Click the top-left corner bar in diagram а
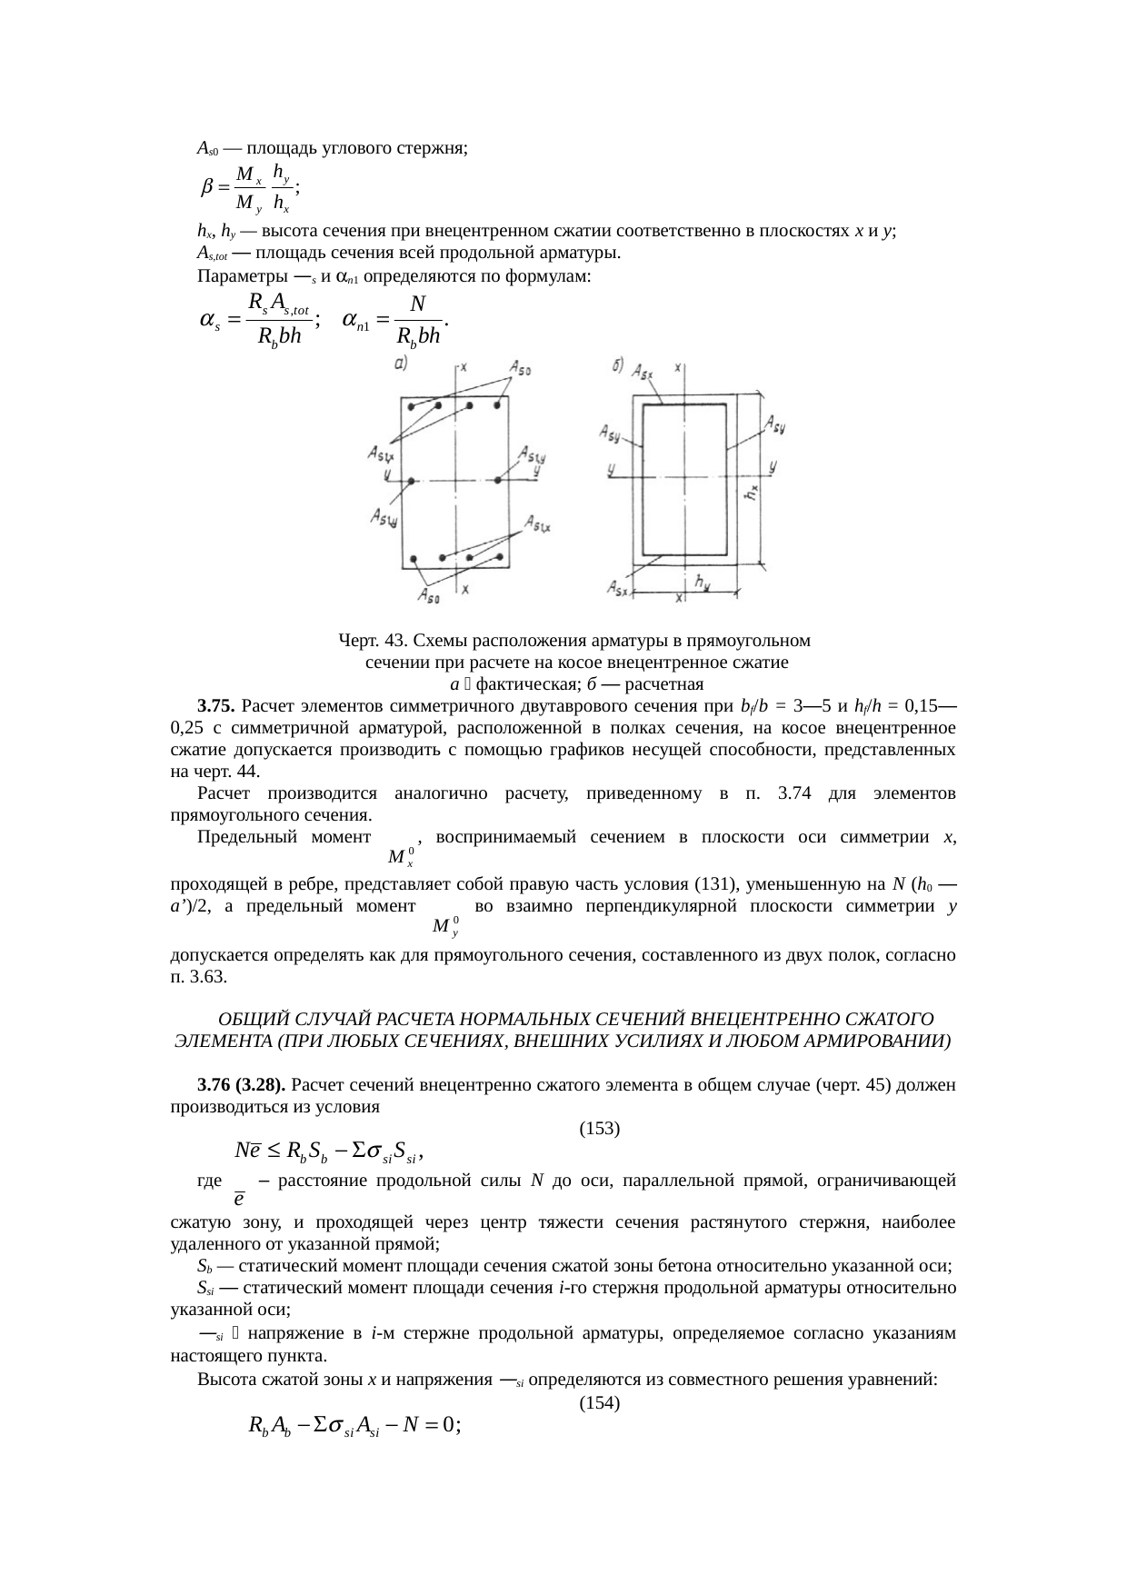coord(412,406)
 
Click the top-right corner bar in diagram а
coord(498,406)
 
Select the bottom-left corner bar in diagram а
coord(414,558)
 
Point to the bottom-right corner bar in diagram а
coord(499,557)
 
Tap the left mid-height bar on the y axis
coord(411,480)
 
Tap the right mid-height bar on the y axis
coord(499,480)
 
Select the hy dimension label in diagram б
coord(702,579)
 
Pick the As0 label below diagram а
coord(429,596)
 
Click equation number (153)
coord(599,1129)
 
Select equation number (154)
coord(599,1402)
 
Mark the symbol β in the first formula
coord(206,186)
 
